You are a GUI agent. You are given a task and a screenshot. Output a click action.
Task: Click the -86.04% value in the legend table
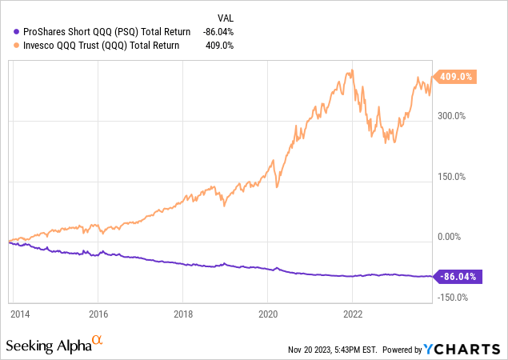coord(226,32)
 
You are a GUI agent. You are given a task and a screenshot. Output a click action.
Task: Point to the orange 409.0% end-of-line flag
coord(455,78)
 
